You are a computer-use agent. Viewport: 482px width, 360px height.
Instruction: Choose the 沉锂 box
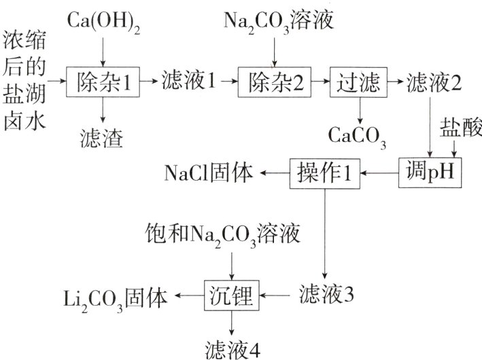pos(233,296)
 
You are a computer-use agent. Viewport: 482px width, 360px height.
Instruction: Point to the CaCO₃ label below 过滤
pos(358,134)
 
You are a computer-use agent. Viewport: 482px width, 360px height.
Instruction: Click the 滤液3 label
pos(326,296)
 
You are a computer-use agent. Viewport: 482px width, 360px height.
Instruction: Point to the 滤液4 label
pos(233,348)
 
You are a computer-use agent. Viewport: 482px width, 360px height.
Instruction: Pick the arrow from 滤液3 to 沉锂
pos(277,296)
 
